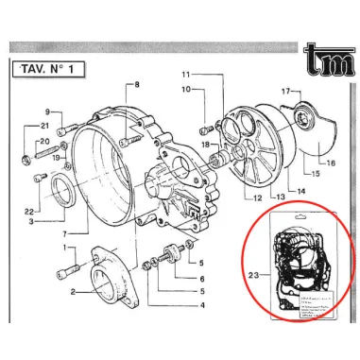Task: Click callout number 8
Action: click(136, 86)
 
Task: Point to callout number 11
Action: click(187, 74)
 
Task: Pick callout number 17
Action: click(283, 90)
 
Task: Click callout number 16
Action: click(331, 163)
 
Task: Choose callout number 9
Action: click(45, 111)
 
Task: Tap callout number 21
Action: click(44, 127)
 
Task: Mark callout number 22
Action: click(31, 211)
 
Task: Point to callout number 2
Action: click(72, 293)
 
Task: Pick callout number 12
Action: click(257, 198)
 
